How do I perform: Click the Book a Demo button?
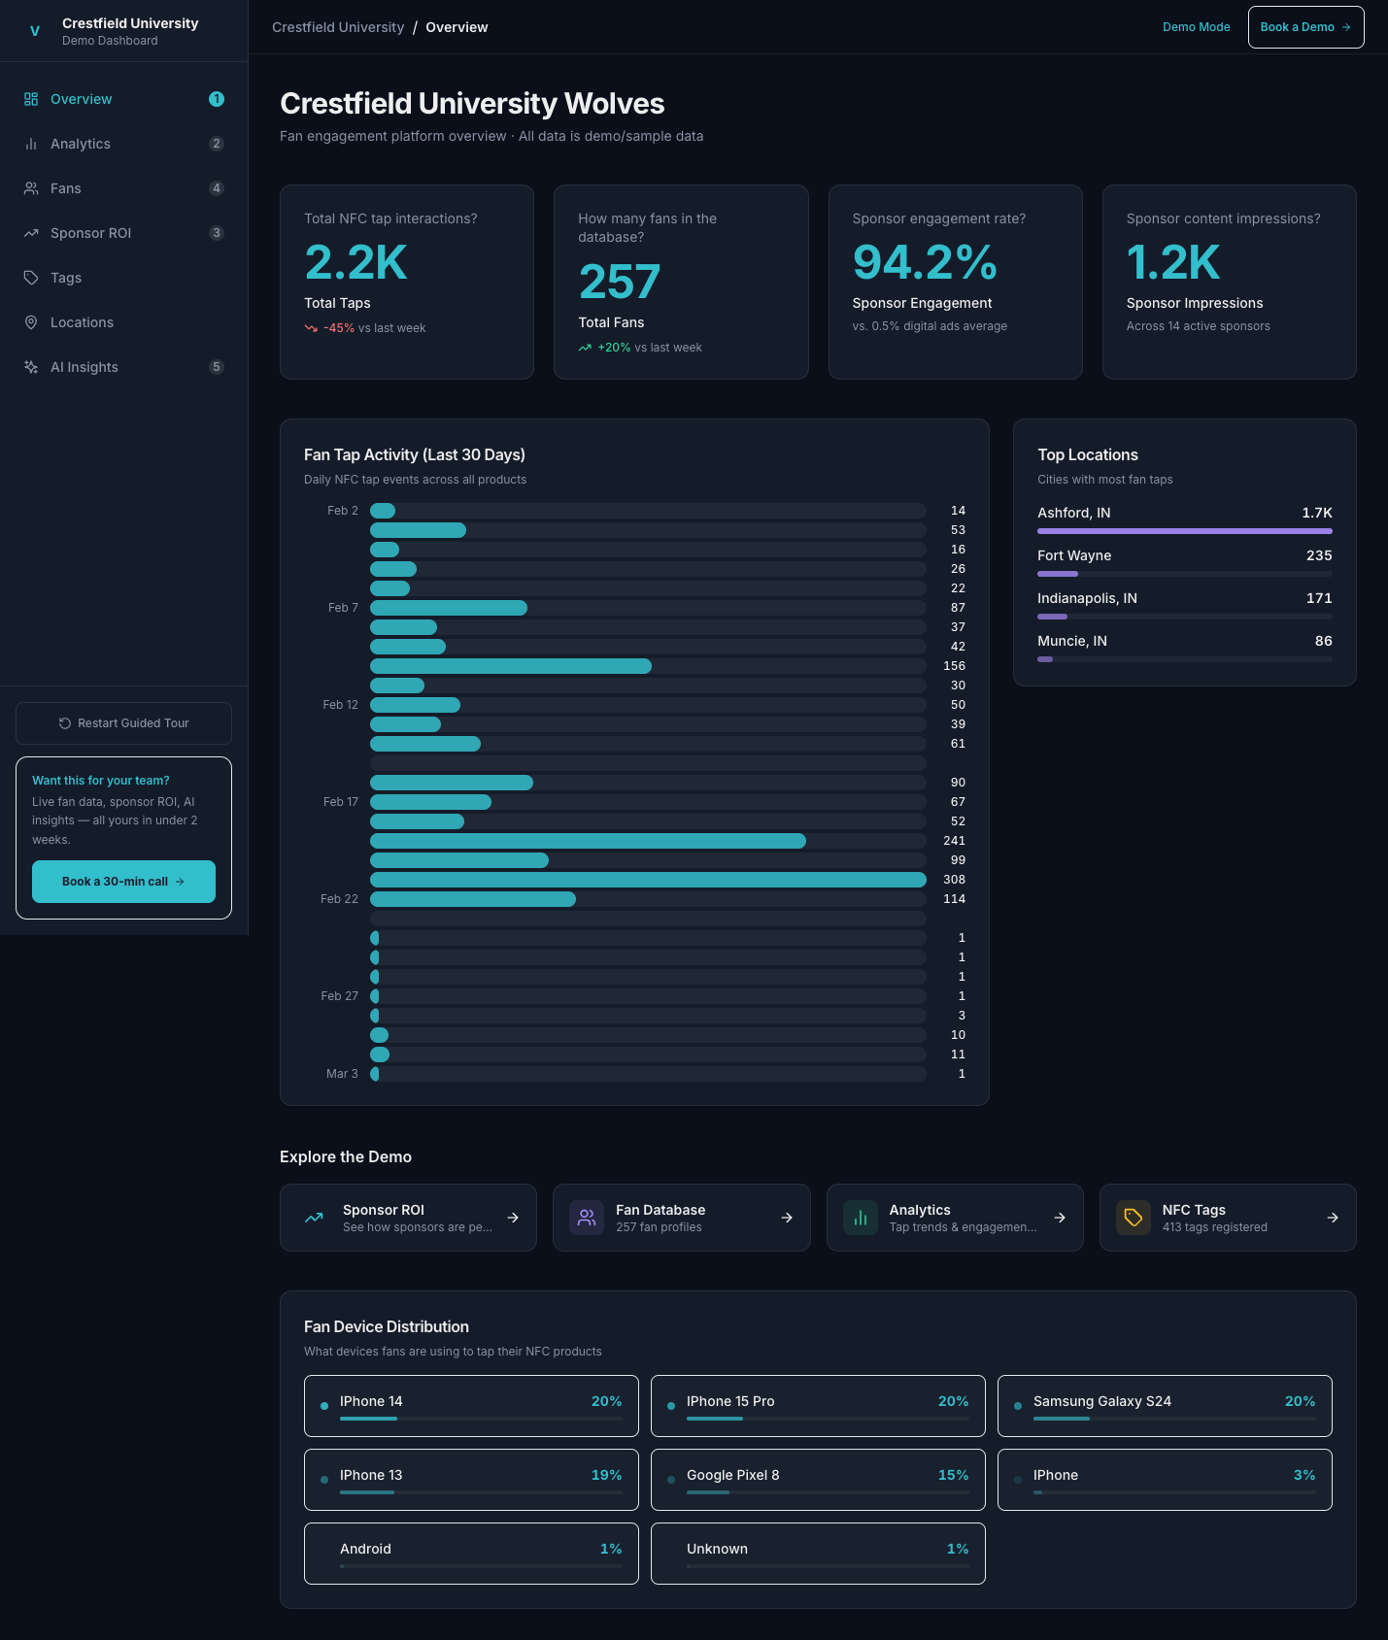click(x=1304, y=27)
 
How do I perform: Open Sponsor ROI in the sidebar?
click(x=90, y=233)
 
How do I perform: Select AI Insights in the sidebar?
click(x=85, y=367)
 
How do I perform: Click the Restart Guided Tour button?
click(x=123, y=723)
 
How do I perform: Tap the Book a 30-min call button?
click(x=123, y=882)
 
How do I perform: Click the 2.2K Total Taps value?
click(x=355, y=262)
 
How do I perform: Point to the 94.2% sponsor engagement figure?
click(x=924, y=262)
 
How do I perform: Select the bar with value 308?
click(x=648, y=880)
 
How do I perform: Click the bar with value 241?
click(x=588, y=841)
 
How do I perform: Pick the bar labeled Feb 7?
click(x=449, y=608)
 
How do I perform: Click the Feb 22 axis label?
click(x=339, y=899)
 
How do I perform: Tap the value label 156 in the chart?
click(x=954, y=666)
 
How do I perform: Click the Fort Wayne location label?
click(x=1074, y=555)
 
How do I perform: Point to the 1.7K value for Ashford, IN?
click(x=1316, y=513)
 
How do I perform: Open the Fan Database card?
click(x=681, y=1218)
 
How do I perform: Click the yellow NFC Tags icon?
click(x=1133, y=1218)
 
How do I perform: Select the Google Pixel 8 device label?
click(x=732, y=1475)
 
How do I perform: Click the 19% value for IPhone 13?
click(x=606, y=1475)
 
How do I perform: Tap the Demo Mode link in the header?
click(x=1196, y=27)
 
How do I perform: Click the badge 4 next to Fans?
click(x=217, y=188)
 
